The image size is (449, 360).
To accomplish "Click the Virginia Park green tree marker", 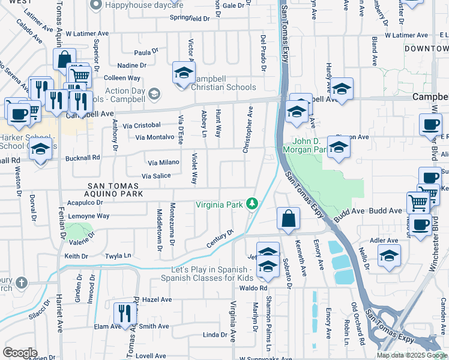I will point(253,204).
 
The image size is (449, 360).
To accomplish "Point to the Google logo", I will point(20,352).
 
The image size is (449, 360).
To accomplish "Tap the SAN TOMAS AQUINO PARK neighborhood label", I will point(115,190).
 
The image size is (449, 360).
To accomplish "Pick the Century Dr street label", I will point(220,237).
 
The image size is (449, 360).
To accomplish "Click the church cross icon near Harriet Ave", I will point(22,282).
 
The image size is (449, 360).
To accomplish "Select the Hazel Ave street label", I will point(157,299).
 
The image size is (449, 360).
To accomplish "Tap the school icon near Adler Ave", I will point(389,256).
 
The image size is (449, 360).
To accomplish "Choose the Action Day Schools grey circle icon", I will point(154,93).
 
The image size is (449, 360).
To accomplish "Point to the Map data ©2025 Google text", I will point(412,355).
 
